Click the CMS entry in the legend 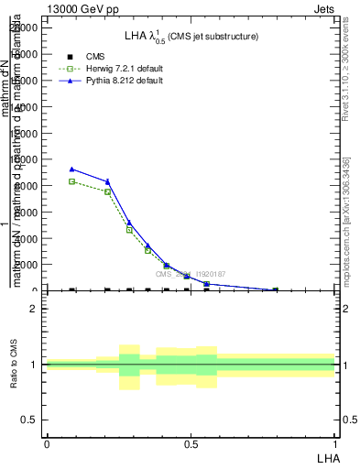(x=95, y=57)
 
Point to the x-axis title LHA (x=327, y=456)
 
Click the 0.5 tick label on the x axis (x=191, y=443)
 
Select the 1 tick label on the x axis (x=334, y=443)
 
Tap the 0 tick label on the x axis (x=47, y=443)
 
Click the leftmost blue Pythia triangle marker (x=72, y=169)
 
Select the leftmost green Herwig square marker (x=72, y=181)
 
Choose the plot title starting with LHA (x=191, y=37)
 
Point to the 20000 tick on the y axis (x=28, y=27)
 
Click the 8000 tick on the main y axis (x=30, y=186)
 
